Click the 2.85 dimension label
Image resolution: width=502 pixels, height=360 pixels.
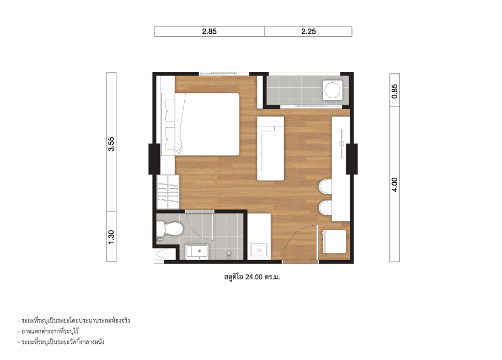[x=210, y=31]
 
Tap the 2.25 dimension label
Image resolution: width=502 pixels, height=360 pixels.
[x=308, y=31]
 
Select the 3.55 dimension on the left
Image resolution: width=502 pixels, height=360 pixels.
[x=111, y=144]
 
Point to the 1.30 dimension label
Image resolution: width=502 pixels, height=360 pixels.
[x=111, y=237]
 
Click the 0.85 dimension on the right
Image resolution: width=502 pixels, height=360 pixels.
[x=394, y=91]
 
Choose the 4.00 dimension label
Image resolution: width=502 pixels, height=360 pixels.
[x=394, y=185]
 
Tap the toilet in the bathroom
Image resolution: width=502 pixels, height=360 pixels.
[x=169, y=229]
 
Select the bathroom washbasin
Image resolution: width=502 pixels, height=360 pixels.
[x=197, y=252]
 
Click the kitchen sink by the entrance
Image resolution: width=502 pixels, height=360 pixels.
[x=259, y=250]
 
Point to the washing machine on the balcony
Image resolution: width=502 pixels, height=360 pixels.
[x=332, y=90]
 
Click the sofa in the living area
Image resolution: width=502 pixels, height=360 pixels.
[x=270, y=149]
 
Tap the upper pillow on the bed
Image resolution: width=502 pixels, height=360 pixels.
[x=170, y=110]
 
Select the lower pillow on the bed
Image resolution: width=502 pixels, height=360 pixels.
[x=170, y=138]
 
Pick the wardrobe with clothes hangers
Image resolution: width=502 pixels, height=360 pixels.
[x=168, y=192]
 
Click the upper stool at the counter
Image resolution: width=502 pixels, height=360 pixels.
[x=325, y=187]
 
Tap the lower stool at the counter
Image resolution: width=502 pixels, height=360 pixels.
[x=325, y=208]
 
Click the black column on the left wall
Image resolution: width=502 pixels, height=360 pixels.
[x=154, y=159]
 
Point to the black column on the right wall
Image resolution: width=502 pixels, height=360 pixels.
[x=352, y=159]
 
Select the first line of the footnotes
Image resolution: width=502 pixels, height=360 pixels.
[x=74, y=321]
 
